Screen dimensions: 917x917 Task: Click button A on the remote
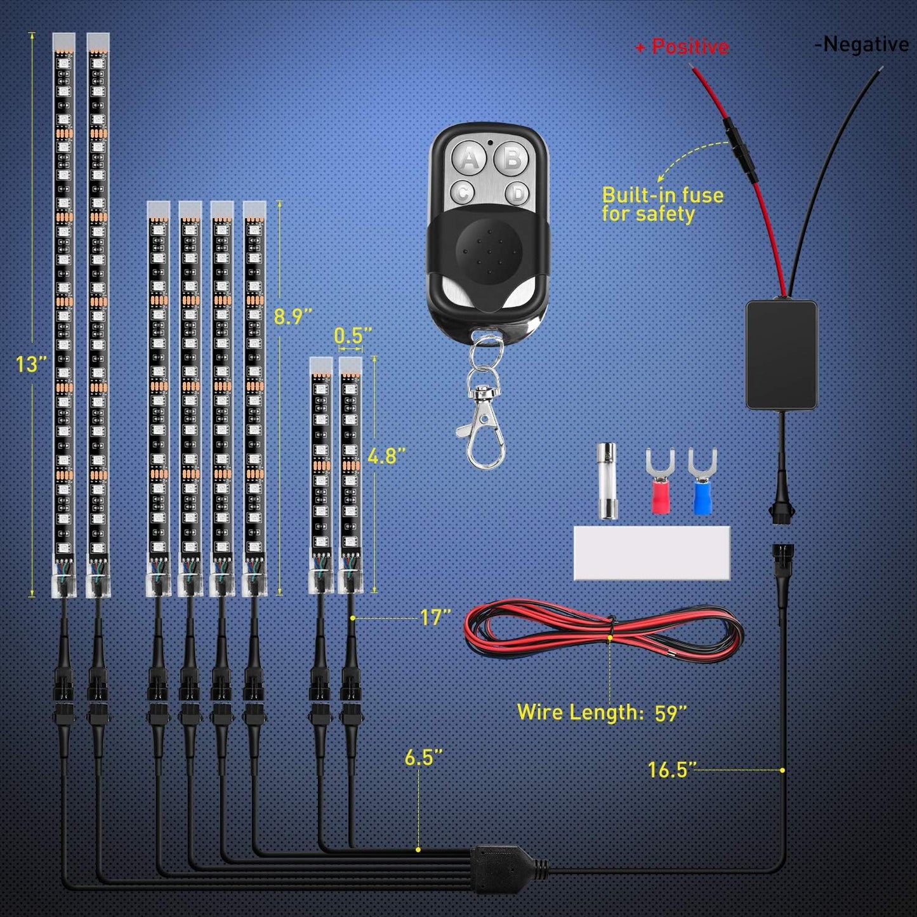point(470,157)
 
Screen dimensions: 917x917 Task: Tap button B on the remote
point(512,157)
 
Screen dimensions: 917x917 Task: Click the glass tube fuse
point(607,482)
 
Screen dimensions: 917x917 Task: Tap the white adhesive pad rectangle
point(652,553)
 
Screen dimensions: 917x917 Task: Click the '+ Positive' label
point(682,46)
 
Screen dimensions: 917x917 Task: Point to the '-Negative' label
point(862,44)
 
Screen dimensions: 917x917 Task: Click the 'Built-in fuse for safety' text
point(662,204)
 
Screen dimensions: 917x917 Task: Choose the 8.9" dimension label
point(293,316)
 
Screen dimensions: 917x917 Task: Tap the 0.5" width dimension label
point(353,335)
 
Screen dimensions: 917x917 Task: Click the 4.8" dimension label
point(386,456)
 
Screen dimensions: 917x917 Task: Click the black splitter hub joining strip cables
point(505,862)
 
